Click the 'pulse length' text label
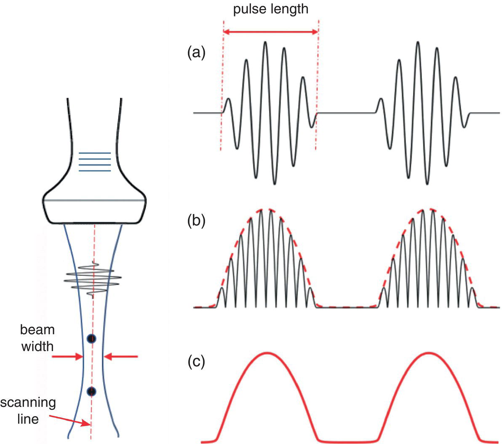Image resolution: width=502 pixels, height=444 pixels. (x=271, y=9)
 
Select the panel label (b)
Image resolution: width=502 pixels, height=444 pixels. (x=196, y=221)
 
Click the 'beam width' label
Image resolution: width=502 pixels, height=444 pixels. (x=38, y=338)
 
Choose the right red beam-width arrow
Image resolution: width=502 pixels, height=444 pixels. (x=120, y=357)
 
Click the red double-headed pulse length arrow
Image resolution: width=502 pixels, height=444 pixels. (x=270, y=32)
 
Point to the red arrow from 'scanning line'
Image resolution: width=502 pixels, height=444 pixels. (x=70, y=420)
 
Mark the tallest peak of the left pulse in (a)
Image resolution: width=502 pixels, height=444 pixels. (x=265, y=42)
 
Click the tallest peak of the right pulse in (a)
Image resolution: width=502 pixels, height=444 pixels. (x=417, y=42)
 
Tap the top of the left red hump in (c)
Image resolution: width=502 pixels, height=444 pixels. (x=266, y=353)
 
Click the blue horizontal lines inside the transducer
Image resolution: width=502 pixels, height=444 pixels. (x=95, y=162)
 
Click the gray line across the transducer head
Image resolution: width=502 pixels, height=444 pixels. (x=95, y=201)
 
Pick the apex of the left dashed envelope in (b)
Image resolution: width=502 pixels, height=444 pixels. (x=266, y=209)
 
